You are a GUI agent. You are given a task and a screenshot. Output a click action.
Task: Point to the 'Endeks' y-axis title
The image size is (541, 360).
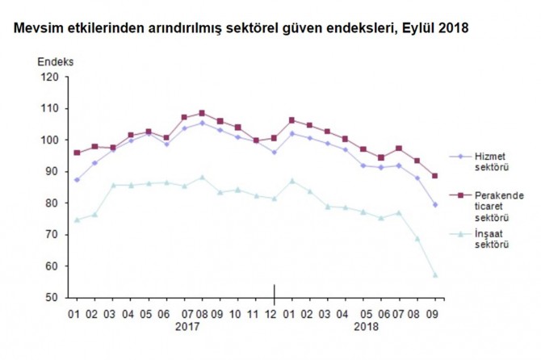pos(55,62)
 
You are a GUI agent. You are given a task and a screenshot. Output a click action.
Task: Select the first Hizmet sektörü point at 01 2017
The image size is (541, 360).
pos(77,180)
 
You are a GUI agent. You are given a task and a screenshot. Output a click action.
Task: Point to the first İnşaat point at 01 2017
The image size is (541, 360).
pos(77,220)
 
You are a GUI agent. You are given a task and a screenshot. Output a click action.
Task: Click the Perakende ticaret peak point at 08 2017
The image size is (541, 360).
pos(202,113)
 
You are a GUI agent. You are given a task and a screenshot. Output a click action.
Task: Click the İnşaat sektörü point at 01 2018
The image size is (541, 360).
pos(291,181)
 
